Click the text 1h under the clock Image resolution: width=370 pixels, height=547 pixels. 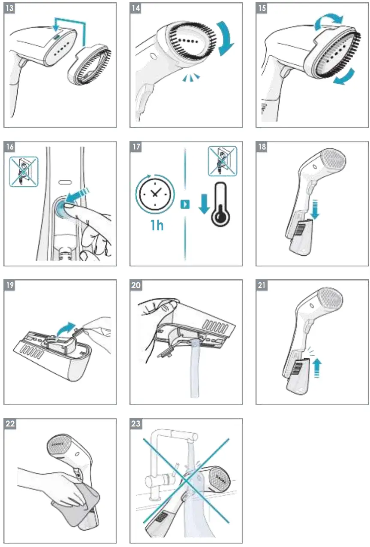coord(157,224)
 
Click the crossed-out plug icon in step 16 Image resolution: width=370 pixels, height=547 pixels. coord(24,172)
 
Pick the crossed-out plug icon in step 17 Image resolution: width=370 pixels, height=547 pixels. coord(222,161)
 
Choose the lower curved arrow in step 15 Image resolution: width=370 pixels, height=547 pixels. coord(345,78)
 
